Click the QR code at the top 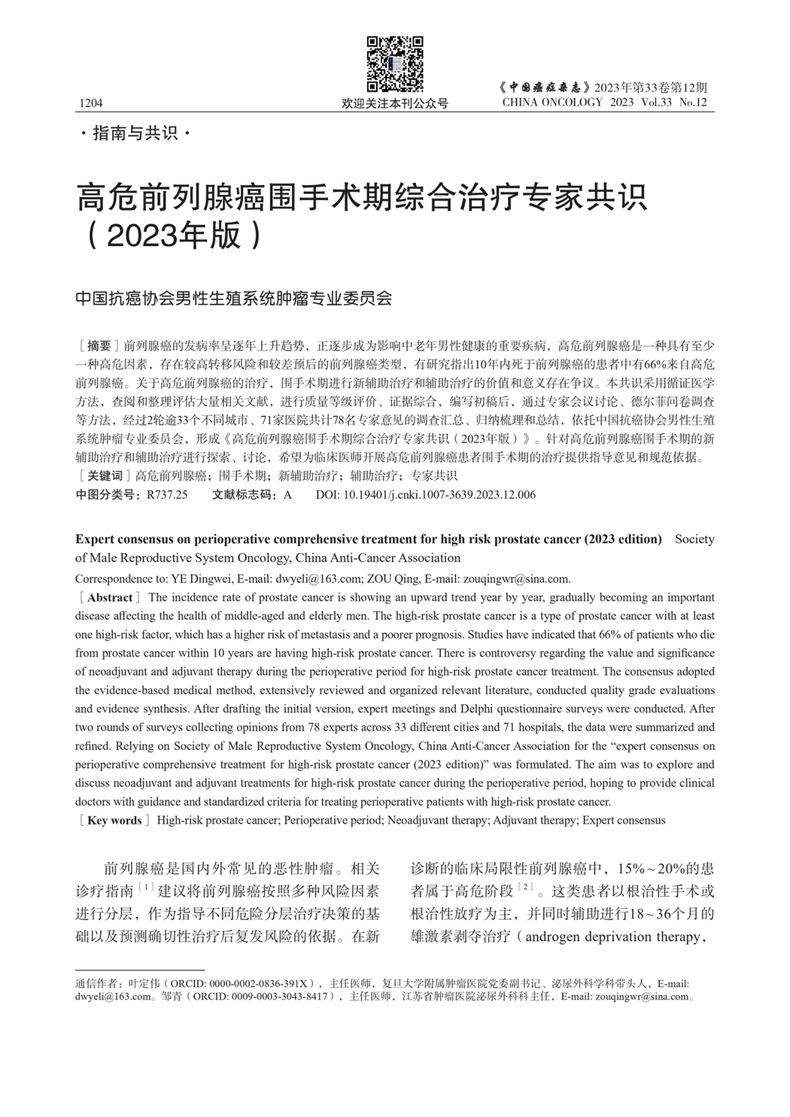tap(395, 64)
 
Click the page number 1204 tap(90, 103)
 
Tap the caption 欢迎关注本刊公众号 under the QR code tap(395, 103)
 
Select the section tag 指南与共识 tap(135, 134)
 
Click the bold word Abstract tap(110, 598)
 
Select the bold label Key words tap(114, 821)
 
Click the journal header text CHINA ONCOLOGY tap(552, 102)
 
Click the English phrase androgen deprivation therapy tap(610, 937)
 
